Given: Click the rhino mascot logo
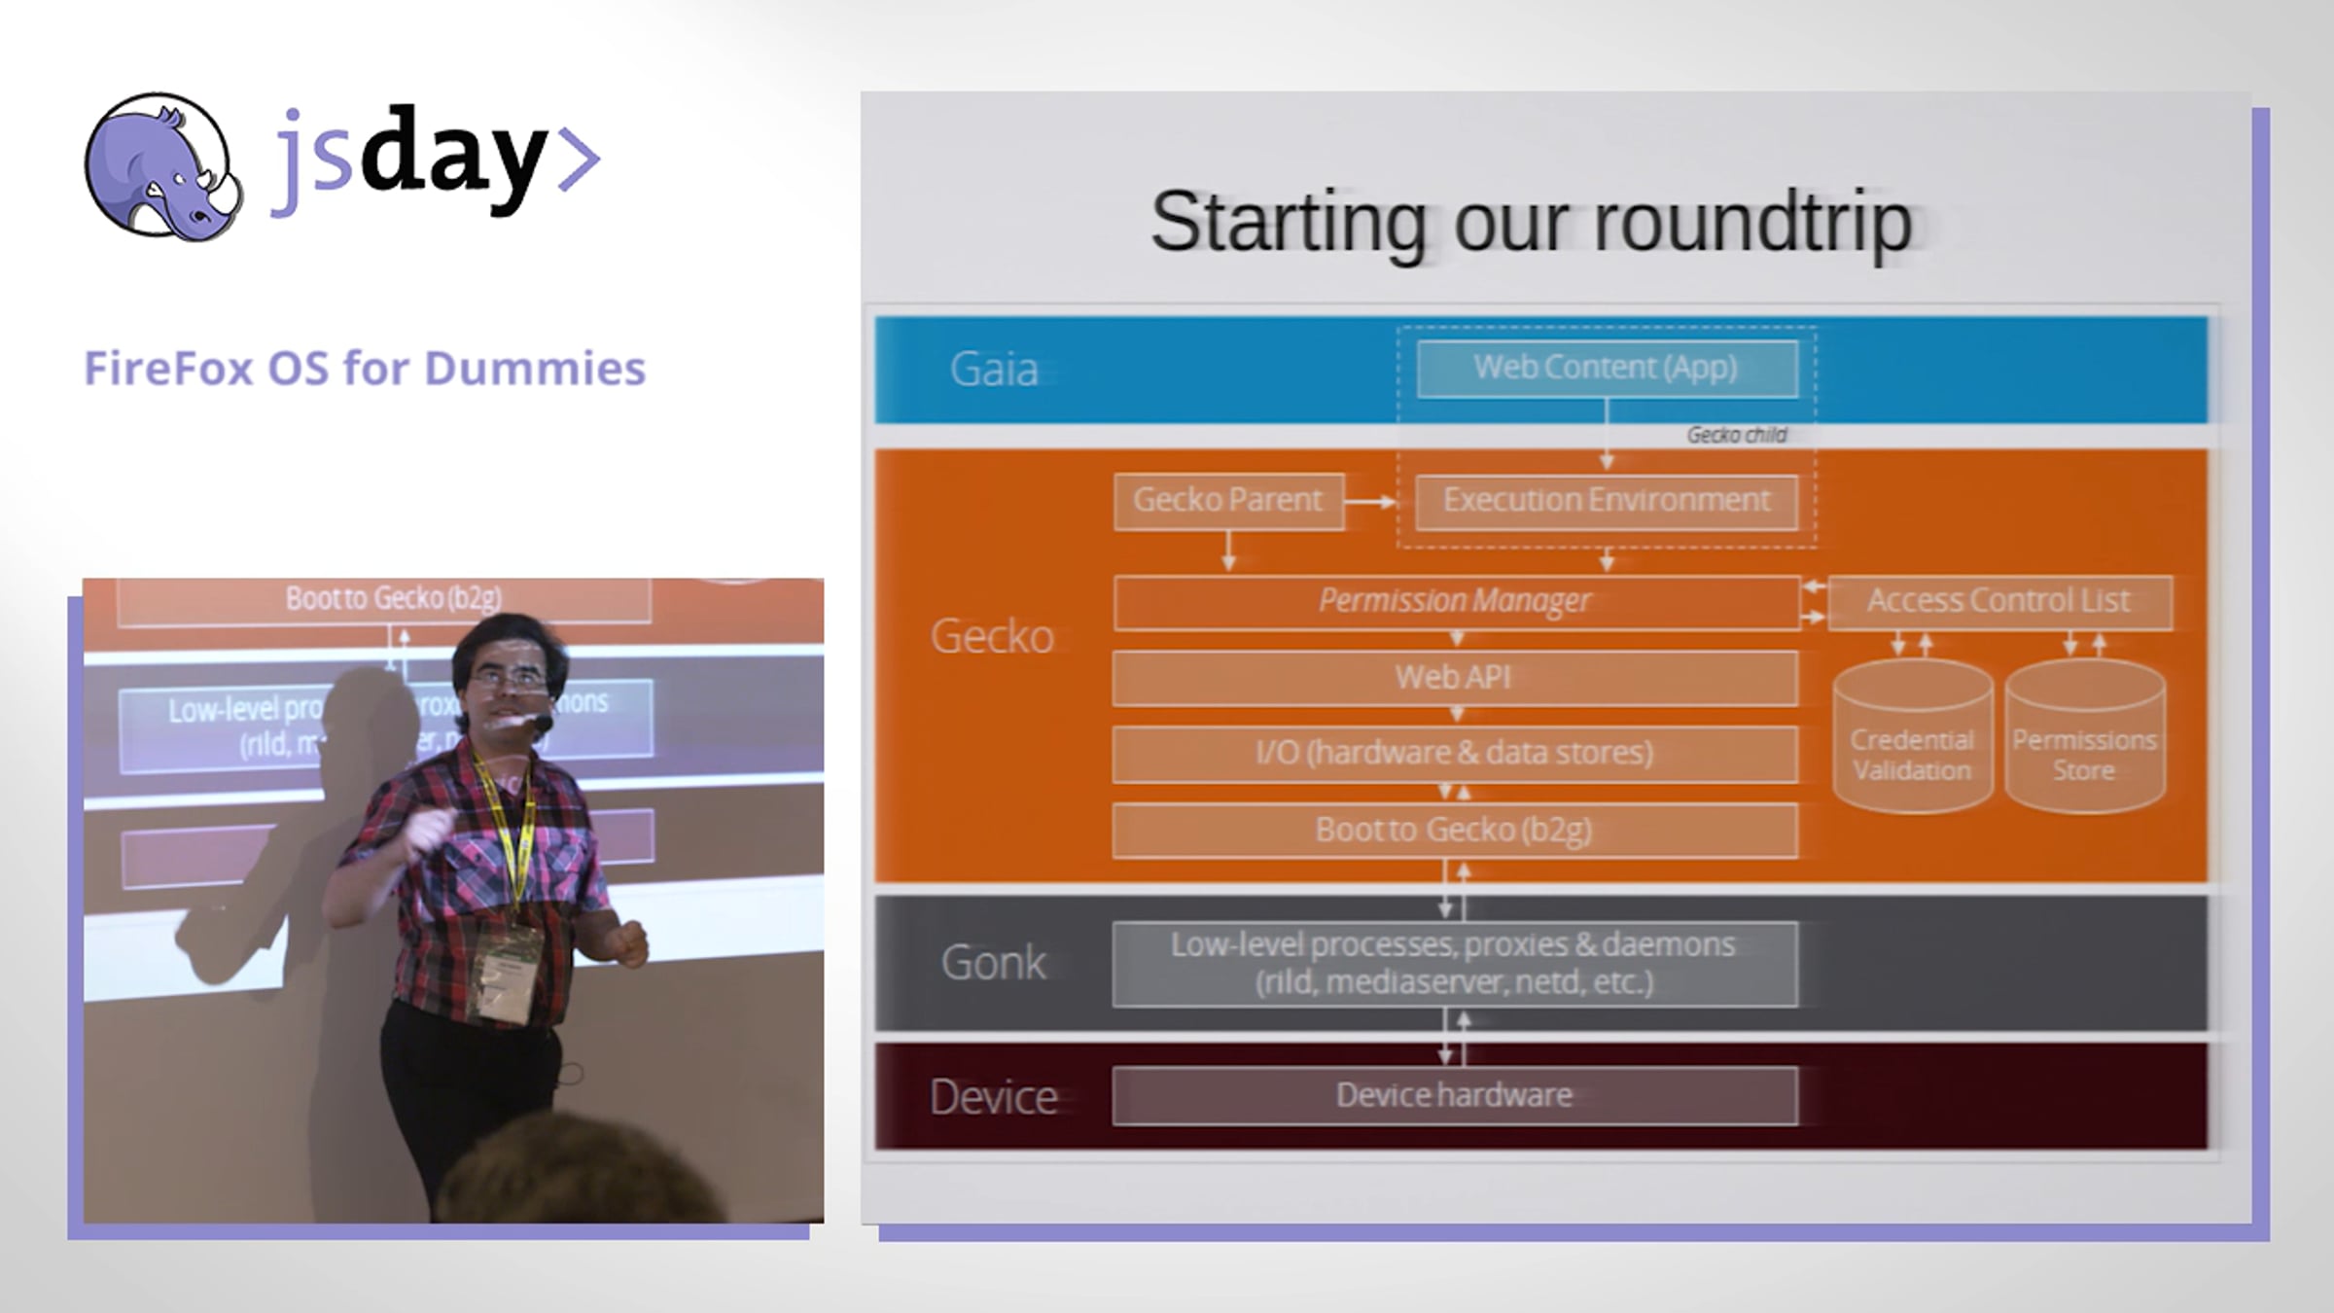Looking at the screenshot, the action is (162, 166).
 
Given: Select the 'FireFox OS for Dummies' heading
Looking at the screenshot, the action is (365, 369).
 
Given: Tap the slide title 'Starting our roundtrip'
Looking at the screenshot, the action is (1532, 223).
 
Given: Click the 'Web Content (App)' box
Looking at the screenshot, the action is (1607, 369).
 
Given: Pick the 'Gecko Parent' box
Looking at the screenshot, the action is (1228, 501).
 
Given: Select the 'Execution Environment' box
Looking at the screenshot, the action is (1607, 501).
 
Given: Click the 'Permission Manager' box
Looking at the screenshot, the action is (1456, 602).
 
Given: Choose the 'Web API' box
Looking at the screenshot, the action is (1455, 677).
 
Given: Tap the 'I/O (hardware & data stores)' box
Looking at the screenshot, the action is (1455, 754).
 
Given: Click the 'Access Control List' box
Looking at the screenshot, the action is (1999, 602).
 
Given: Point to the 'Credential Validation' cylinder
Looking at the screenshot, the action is (1912, 737).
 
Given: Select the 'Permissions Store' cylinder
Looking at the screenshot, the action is (2085, 737).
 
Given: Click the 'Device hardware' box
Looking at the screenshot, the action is (1455, 1096).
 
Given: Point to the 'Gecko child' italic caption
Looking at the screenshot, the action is (1737, 435).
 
